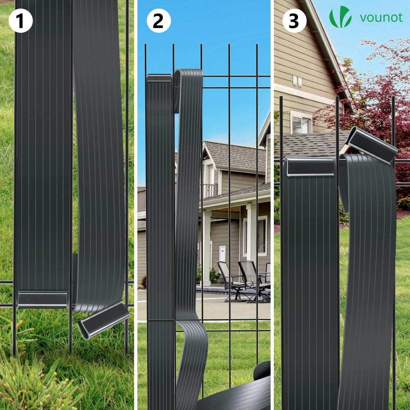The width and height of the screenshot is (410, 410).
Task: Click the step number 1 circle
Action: click(20, 20)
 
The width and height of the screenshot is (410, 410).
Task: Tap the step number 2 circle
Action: click(159, 20)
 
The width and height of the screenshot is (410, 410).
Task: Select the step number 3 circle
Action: click(294, 20)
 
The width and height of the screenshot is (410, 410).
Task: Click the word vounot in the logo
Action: click(381, 18)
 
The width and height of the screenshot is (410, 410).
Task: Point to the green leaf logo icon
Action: click(340, 17)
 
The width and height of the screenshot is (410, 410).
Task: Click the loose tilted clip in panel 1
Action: click(104, 320)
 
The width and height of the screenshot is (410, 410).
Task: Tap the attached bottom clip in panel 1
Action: click(42, 300)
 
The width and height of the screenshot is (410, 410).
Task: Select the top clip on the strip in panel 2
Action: click(159, 78)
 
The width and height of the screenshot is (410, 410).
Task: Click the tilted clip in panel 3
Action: click(371, 146)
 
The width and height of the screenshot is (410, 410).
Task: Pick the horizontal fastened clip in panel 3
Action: click(310, 166)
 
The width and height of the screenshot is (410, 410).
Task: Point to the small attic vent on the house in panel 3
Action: click(297, 81)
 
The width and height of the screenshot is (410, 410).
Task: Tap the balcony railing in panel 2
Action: click(210, 190)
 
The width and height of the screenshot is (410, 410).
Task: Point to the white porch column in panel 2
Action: click(207, 248)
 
